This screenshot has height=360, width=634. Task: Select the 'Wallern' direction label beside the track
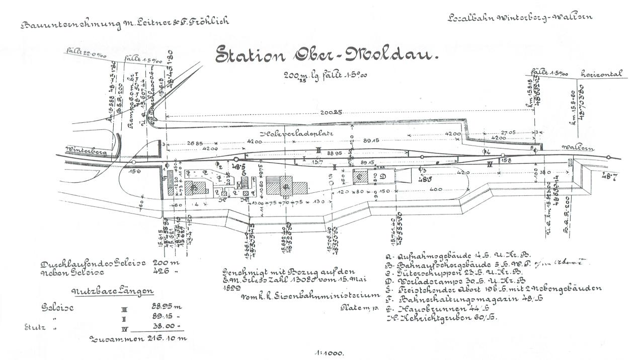click(x=579, y=149)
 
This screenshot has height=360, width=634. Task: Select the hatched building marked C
click(x=361, y=176)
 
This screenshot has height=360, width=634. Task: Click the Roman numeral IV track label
click(x=490, y=163)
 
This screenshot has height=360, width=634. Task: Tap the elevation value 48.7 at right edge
click(x=610, y=175)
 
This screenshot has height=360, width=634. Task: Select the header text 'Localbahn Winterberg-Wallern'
click(x=520, y=18)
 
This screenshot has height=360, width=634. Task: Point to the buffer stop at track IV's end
click(x=570, y=162)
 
